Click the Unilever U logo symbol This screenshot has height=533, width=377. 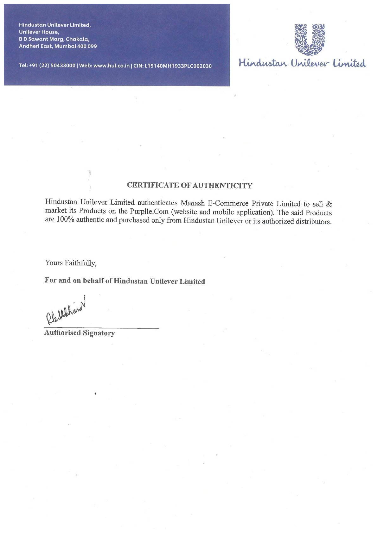(x=310, y=39)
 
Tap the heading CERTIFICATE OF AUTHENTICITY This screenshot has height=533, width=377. (x=189, y=185)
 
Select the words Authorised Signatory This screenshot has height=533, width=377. (x=80, y=333)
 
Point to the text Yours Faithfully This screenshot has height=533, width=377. (x=71, y=263)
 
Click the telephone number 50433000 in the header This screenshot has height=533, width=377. (x=63, y=66)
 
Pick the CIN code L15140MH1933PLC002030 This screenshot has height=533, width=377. (x=178, y=66)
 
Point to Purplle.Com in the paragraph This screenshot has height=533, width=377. (x=149, y=211)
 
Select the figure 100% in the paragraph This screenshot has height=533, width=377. (x=65, y=219)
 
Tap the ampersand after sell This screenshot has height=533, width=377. (x=329, y=204)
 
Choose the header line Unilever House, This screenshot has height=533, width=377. (x=39, y=32)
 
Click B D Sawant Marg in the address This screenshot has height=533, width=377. (x=41, y=39)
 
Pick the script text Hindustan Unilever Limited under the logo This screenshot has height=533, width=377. (x=302, y=63)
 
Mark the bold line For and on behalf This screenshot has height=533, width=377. (x=125, y=281)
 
